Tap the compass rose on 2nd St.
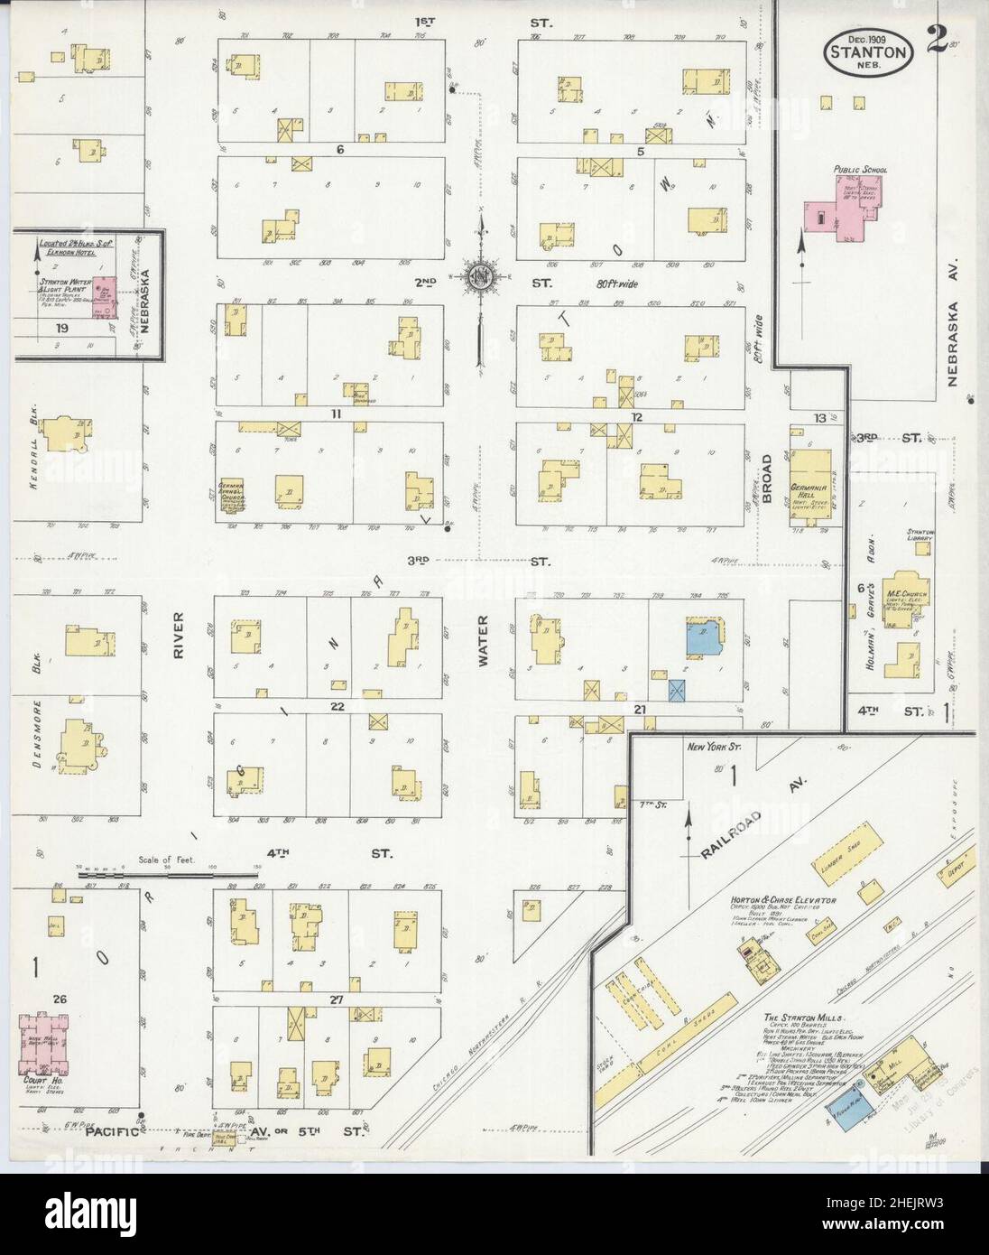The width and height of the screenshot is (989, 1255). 484,274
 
